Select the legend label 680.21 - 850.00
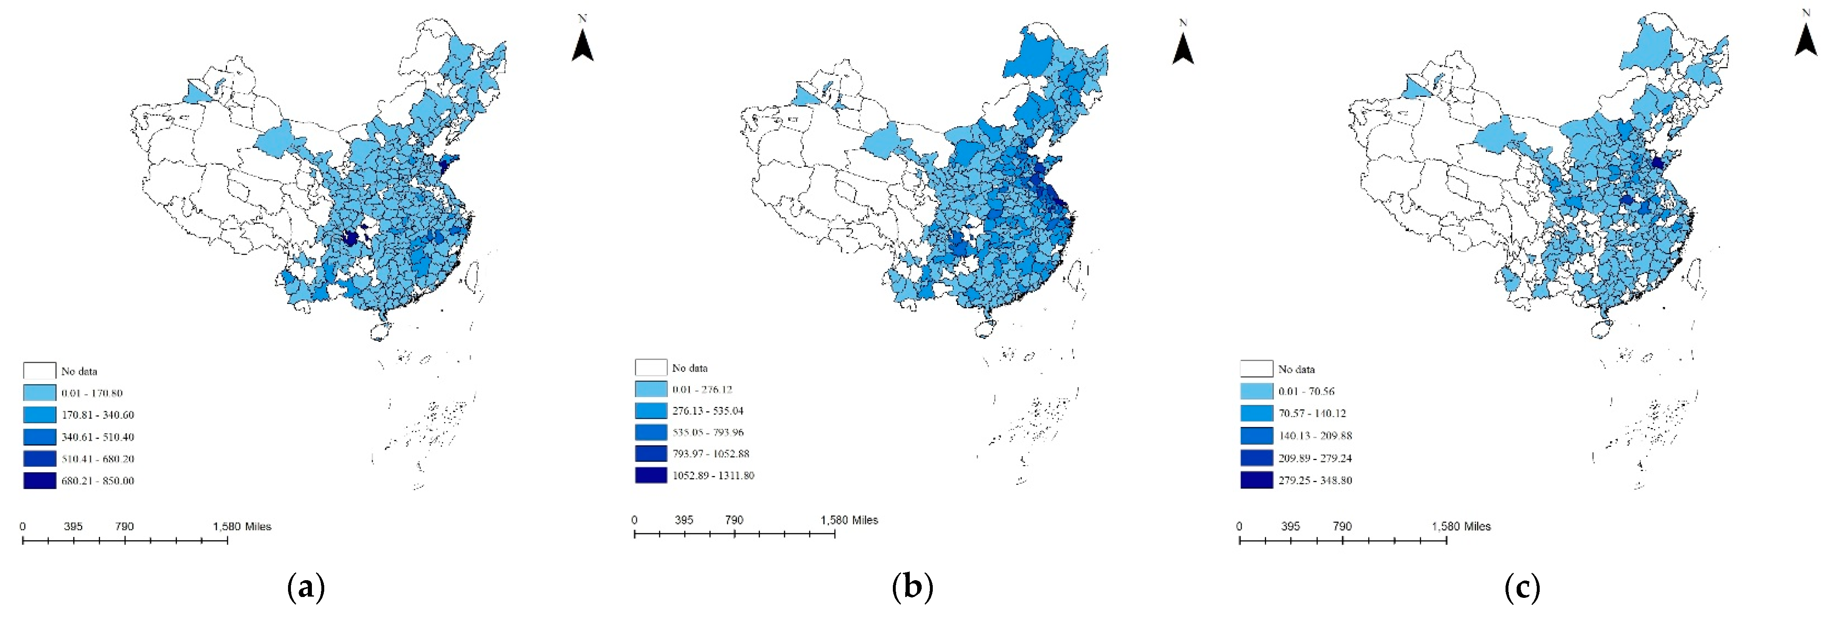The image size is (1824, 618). (x=98, y=481)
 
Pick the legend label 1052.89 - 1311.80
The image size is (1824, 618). (x=713, y=475)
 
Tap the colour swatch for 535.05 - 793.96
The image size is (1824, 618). (x=651, y=432)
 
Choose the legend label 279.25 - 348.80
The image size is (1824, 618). (x=1315, y=480)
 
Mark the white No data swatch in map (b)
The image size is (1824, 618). (x=651, y=367)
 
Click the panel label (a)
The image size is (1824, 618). (x=306, y=587)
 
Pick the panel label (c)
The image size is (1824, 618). (x=1522, y=587)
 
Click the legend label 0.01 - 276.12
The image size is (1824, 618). (x=702, y=389)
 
